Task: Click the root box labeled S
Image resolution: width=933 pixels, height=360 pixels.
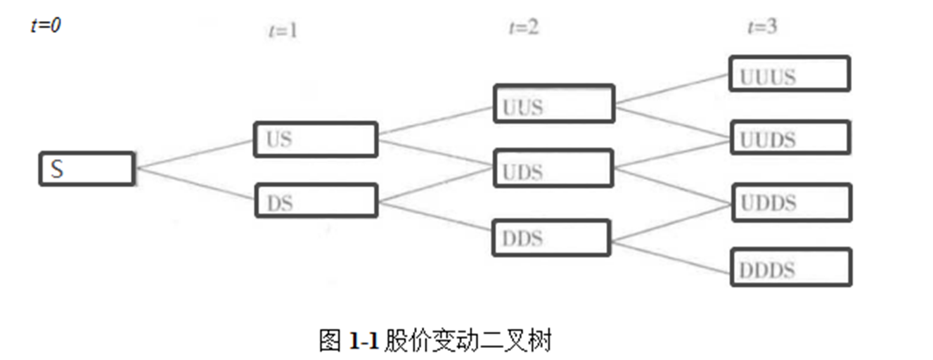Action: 86,169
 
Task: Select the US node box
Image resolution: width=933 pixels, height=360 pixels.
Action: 314,139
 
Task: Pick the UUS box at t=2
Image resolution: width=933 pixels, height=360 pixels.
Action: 553,104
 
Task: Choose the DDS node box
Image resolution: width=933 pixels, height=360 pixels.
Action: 551,238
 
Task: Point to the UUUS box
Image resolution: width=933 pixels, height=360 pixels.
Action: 790,74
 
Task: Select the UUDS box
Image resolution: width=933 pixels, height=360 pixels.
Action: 790,138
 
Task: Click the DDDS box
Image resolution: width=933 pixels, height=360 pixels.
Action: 791,266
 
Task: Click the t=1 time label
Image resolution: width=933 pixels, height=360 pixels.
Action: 283,31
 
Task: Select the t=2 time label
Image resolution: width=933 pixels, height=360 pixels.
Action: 523,27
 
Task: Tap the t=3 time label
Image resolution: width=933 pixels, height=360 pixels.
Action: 762,27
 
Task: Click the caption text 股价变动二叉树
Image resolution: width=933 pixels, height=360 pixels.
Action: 468,341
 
